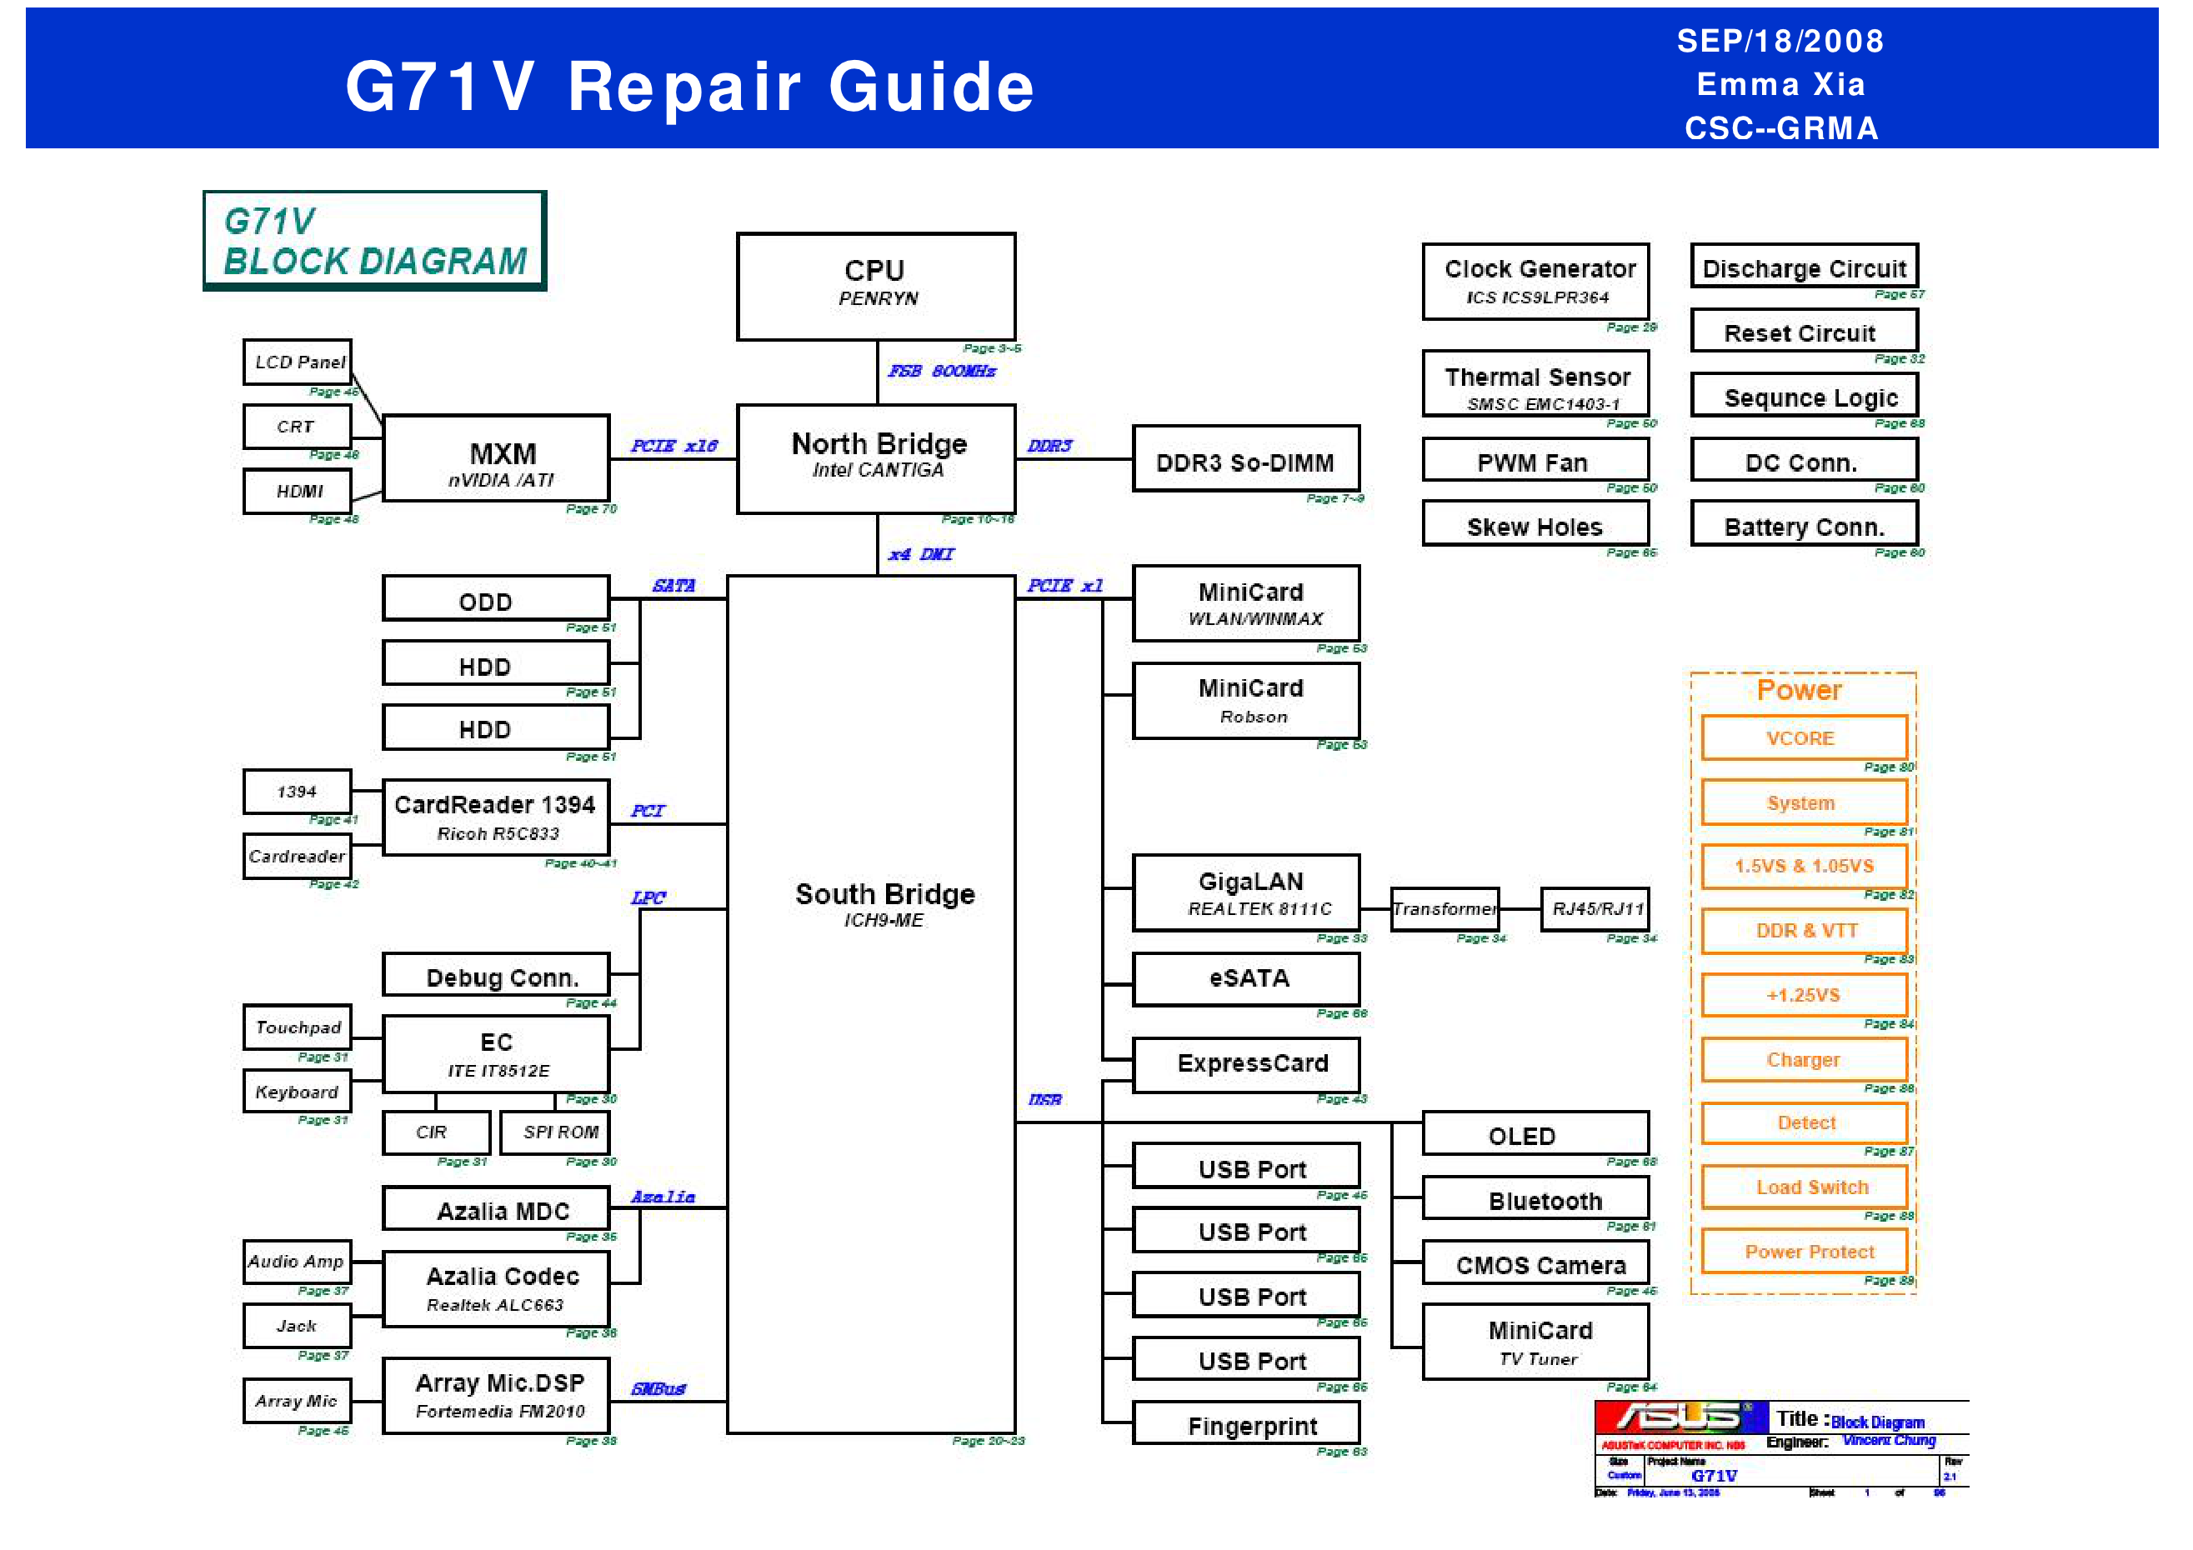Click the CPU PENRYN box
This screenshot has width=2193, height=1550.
click(x=875, y=286)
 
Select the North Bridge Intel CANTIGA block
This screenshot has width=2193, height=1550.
click(x=875, y=457)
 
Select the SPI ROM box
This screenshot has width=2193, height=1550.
click(x=554, y=1132)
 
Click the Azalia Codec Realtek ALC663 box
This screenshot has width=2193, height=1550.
click(x=496, y=1288)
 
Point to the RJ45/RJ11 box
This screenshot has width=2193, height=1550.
click(x=1595, y=908)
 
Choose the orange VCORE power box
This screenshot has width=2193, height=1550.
click(x=1803, y=737)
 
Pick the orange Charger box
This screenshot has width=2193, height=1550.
click(x=1803, y=1058)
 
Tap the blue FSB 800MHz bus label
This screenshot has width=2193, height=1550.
click(x=942, y=371)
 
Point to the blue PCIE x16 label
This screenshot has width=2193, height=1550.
click(x=673, y=446)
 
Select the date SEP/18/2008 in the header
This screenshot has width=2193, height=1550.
click(x=1780, y=41)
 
